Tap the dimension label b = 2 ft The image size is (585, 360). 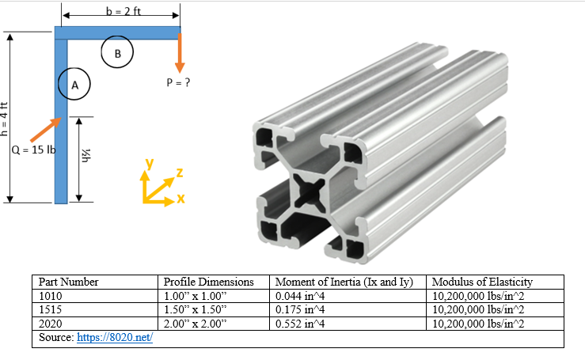[123, 11]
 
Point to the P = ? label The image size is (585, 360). [178, 82]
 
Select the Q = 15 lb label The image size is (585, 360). [33, 150]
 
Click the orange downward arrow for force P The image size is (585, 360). [180, 53]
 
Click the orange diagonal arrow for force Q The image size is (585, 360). [46, 130]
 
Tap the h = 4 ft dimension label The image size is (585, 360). [4, 119]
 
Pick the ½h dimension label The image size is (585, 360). [86, 156]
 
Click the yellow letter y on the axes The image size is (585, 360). [150, 164]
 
